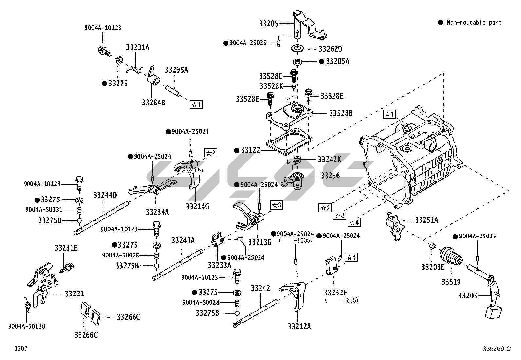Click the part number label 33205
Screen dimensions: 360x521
pyautogui.click(x=269, y=24)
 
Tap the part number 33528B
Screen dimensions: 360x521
pyautogui.click(x=341, y=113)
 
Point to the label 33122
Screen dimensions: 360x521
pyautogui.click(x=250, y=150)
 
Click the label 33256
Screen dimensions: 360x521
pyautogui.click(x=330, y=176)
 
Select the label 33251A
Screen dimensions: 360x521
pyautogui.click(x=426, y=220)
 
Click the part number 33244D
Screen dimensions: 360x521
pyautogui.click(x=105, y=196)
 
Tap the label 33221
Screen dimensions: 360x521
pyautogui.click(x=74, y=294)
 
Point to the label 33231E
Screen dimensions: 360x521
pyautogui.click(x=66, y=248)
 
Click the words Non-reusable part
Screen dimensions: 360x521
pyautogui.click(x=474, y=22)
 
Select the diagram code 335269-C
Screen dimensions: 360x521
pyautogui.click(x=496, y=349)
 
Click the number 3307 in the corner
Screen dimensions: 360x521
pyautogui.click(x=21, y=349)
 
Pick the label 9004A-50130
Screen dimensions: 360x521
pyautogui.click(x=27, y=326)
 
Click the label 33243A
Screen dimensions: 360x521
pyautogui.click(x=183, y=241)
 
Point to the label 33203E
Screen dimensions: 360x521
pyautogui.click(x=433, y=267)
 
